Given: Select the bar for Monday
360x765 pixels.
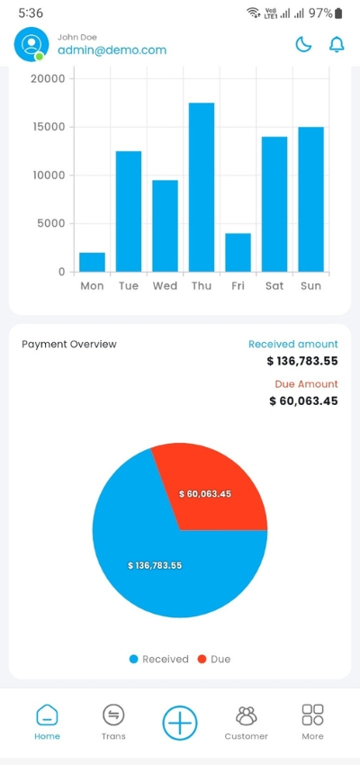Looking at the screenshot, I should click(92, 262).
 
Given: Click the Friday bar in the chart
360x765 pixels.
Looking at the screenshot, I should click(238, 252).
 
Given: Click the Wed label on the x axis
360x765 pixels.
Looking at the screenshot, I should click(165, 286).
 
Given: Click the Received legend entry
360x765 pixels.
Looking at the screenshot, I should click(158, 659).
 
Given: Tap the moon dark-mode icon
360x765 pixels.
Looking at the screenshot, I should click(304, 44).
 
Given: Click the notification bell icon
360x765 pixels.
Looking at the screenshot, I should click(337, 44).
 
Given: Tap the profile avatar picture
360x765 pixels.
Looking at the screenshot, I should click(31, 44).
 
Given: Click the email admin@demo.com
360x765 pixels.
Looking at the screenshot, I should click(112, 50).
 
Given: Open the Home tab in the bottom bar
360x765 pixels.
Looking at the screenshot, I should click(47, 721).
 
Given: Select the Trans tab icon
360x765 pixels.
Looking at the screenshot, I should click(113, 721).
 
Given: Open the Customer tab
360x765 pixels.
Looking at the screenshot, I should click(246, 721).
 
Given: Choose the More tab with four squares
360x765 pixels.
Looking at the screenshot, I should click(312, 721).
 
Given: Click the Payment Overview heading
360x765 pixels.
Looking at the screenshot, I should click(69, 344).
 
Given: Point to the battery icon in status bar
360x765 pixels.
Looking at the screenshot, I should click(339, 13).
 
